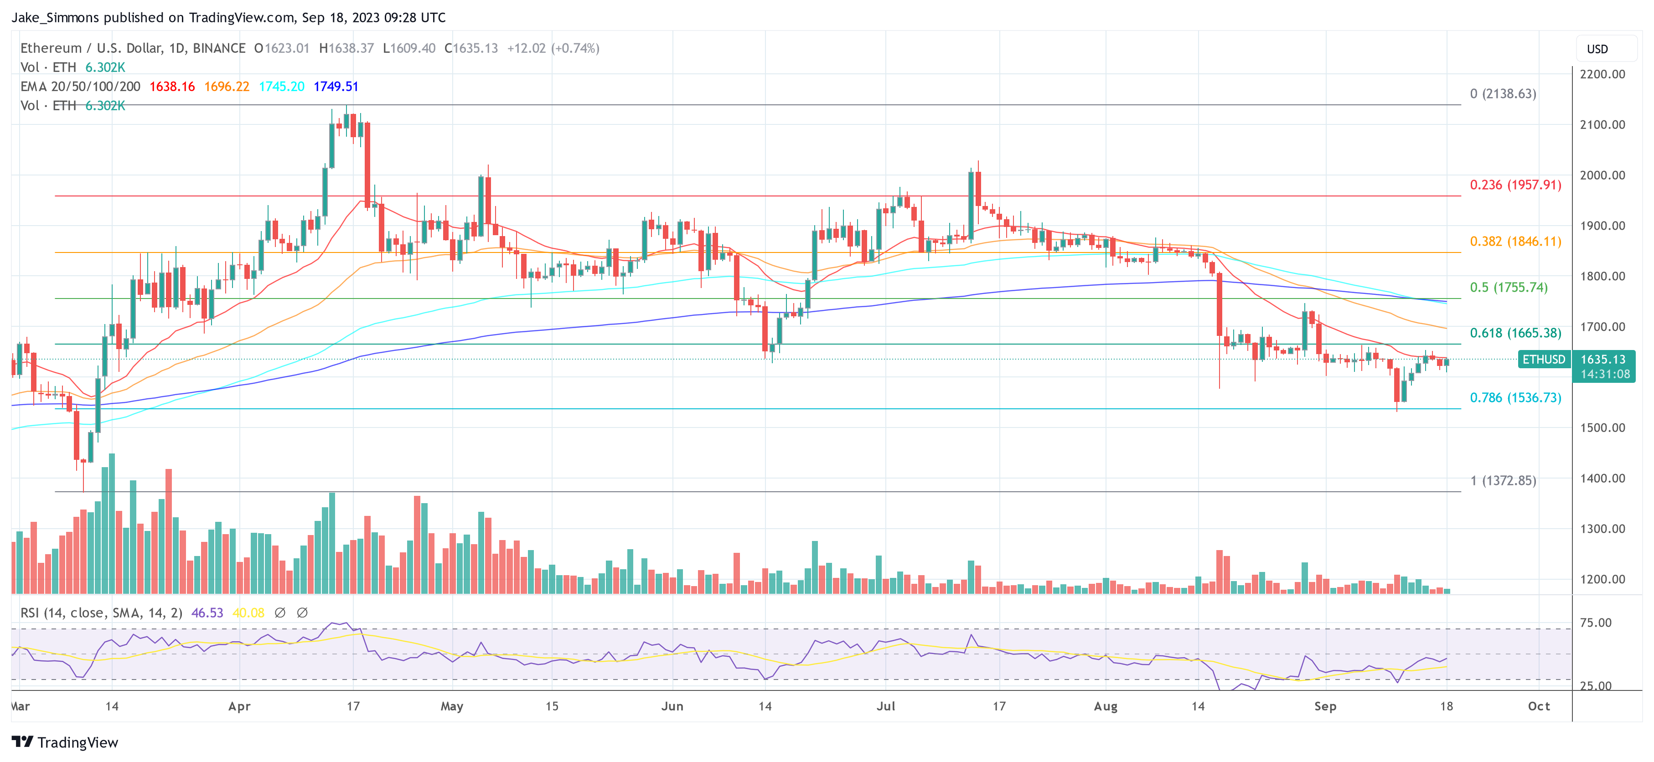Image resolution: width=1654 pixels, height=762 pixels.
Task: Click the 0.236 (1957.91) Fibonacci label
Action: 1515,185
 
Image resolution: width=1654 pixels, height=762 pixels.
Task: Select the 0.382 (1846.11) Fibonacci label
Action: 1515,242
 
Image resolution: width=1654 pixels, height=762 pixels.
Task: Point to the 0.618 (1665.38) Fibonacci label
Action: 1515,333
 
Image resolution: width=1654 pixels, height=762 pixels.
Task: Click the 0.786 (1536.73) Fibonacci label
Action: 1515,397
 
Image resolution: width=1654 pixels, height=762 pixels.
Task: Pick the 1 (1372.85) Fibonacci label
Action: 1503,480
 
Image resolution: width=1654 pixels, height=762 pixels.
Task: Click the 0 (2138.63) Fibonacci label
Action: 1503,94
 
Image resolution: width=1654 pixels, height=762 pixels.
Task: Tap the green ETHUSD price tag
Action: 1544,360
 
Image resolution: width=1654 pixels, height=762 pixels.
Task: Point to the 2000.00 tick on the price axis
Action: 1602,175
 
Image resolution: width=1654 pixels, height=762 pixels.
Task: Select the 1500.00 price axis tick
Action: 1602,427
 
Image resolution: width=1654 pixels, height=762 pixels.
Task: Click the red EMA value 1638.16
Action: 172,87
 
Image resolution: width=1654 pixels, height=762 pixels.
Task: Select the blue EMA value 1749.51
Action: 336,87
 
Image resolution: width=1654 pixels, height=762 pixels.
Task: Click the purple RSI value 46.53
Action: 207,613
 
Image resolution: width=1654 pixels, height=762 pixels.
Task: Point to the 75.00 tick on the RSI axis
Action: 1596,623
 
